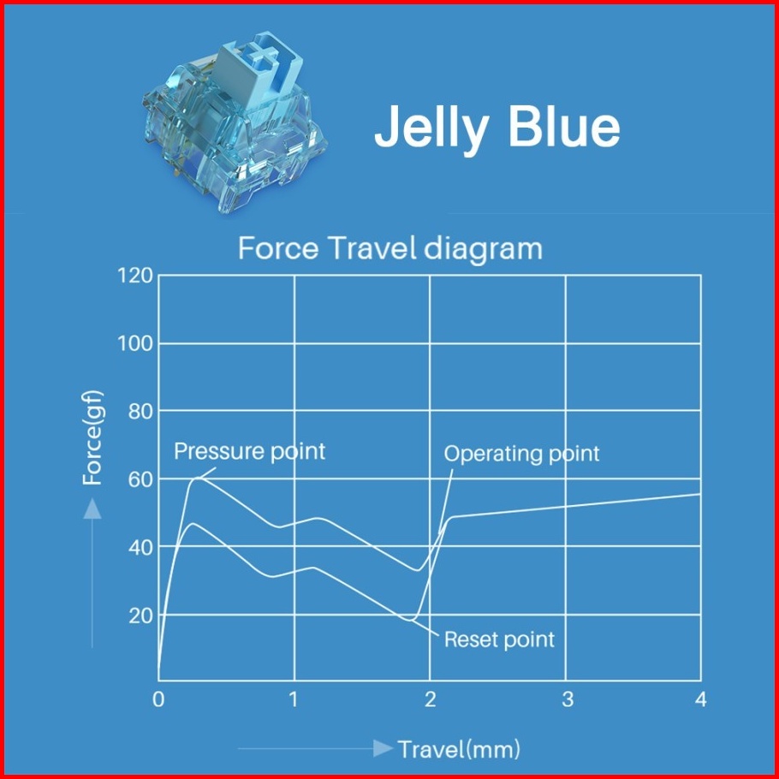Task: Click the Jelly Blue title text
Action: (x=497, y=128)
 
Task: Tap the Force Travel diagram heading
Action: (x=390, y=248)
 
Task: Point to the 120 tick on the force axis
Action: (x=135, y=276)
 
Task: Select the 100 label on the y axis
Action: (x=135, y=343)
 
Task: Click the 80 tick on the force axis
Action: (x=140, y=412)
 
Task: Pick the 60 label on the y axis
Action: (x=140, y=479)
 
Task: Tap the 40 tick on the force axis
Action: (x=140, y=548)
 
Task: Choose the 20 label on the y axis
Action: (x=140, y=616)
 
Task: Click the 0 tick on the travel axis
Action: (x=158, y=699)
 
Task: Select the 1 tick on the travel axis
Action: (x=294, y=699)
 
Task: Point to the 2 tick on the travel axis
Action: (x=431, y=699)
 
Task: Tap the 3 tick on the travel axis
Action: (x=568, y=699)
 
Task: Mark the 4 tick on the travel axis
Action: (x=701, y=699)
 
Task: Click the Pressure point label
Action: (x=249, y=452)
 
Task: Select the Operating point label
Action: (x=521, y=454)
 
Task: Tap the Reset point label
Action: (x=499, y=640)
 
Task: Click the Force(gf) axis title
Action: (x=92, y=437)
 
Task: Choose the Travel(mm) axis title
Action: (x=460, y=749)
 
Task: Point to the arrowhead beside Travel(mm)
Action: (x=383, y=748)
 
